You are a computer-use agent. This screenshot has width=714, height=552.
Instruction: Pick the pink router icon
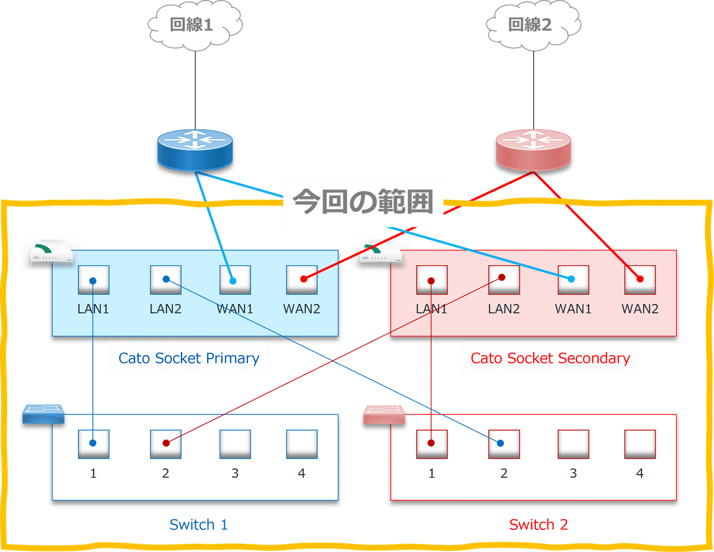[533, 149]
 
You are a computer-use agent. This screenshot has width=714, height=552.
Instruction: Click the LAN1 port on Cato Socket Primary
[94, 280]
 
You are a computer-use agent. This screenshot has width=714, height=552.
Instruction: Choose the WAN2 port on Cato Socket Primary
[301, 280]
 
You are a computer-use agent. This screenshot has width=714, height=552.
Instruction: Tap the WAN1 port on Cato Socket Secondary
[574, 280]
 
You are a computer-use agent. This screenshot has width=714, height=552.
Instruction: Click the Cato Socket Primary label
[189, 358]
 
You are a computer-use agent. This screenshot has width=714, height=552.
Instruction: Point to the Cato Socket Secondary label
[550, 358]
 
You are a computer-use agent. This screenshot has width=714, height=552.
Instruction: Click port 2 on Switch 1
[165, 444]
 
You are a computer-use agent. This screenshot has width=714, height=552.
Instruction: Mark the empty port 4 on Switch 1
[301, 444]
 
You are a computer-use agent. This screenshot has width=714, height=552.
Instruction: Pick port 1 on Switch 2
[432, 444]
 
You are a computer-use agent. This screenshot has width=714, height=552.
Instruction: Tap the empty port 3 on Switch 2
[574, 444]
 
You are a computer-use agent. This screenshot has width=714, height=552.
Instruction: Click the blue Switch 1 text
[199, 525]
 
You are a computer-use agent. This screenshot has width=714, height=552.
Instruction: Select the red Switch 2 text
[538, 525]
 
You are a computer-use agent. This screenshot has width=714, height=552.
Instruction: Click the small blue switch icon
[43, 415]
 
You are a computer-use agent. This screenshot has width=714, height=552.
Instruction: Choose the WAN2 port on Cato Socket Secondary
[640, 280]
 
